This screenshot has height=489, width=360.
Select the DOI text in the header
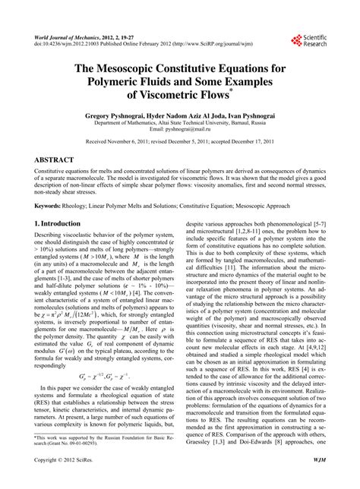[71, 43]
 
